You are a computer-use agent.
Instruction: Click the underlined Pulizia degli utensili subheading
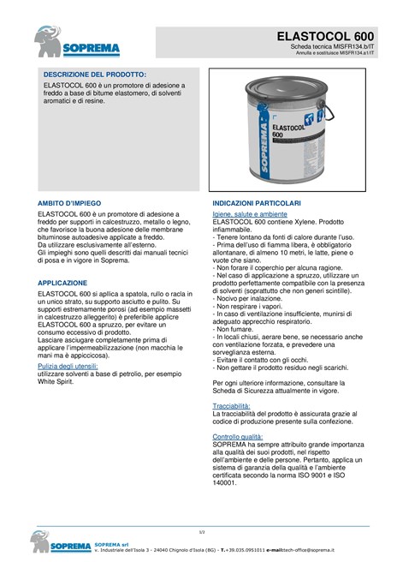(78, 365)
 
